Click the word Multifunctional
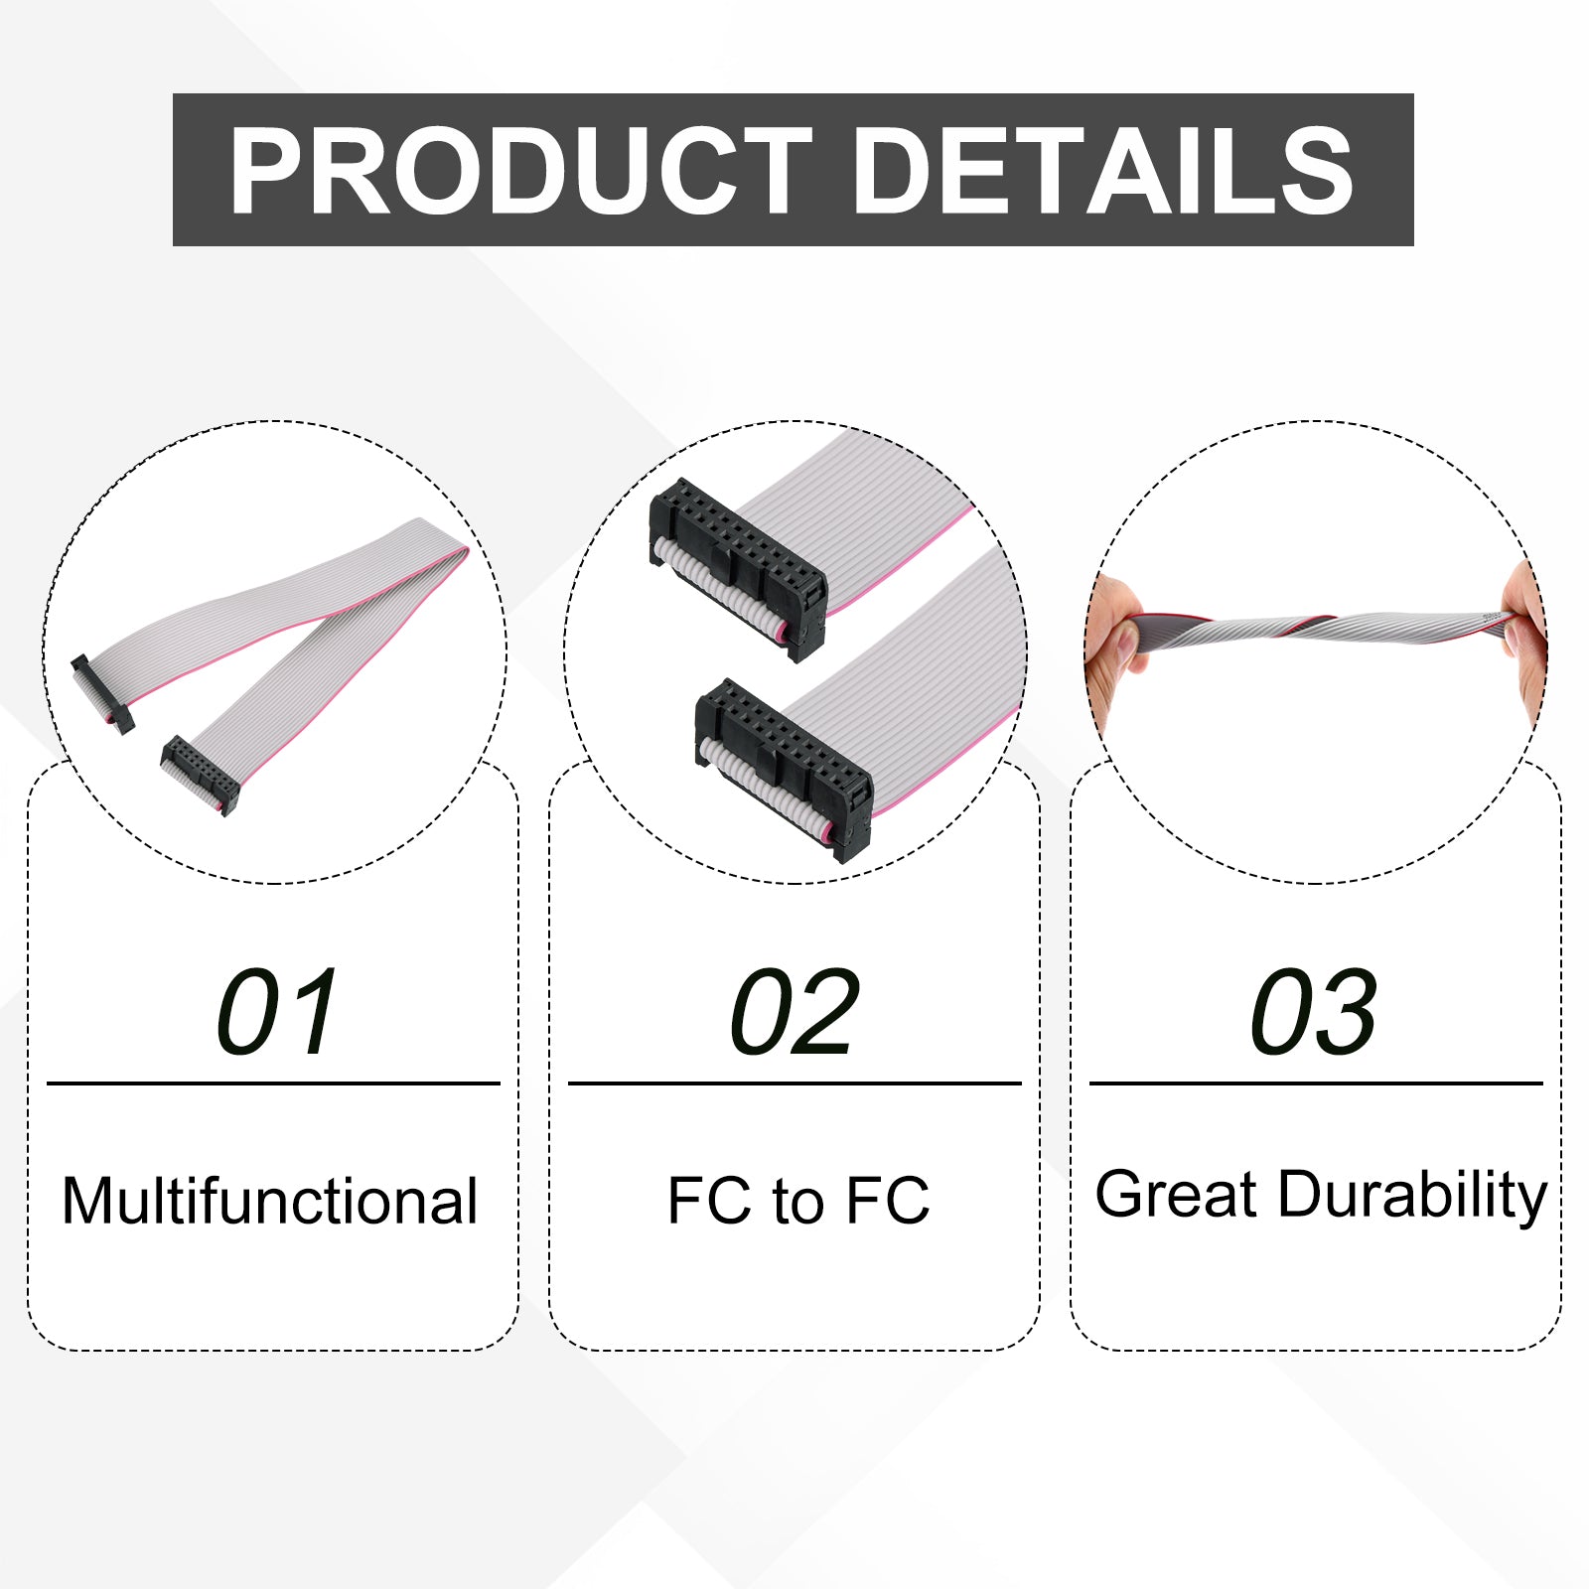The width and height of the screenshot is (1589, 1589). coord(270,1201)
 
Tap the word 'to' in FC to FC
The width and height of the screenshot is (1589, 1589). coord(798,1202)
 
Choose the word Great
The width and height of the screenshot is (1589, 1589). coord(1177,1194)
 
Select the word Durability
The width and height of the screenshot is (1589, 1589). coord(1412,1194)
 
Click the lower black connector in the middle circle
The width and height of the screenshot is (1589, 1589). coord(783,771)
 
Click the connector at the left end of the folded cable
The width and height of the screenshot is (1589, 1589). coord(102,693)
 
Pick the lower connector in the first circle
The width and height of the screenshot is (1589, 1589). coord(200,776)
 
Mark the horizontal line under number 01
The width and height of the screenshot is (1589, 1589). coord(273,1083)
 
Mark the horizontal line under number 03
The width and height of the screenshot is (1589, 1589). coord(1316,1083)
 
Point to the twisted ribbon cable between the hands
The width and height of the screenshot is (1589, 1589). coord(1321,628)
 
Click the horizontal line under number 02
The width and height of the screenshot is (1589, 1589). coord(794,1083)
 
